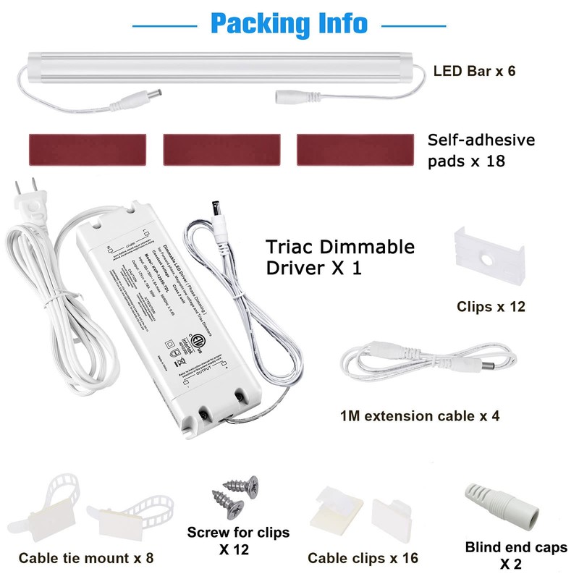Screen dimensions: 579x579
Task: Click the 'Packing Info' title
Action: point(289,23)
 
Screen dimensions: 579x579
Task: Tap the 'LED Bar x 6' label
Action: point(474,72)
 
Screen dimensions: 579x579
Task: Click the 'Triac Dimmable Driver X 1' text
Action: point(340,257)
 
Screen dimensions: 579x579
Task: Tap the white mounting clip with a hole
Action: point(488,258)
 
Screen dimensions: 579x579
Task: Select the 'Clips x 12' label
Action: point(490,307)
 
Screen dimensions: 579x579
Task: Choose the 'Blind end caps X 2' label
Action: point(516,555)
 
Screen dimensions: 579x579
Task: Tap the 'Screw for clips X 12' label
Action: point(238,541)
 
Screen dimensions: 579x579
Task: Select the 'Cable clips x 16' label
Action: point(363,558)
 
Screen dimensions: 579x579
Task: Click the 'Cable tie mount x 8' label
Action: point(85,558)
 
